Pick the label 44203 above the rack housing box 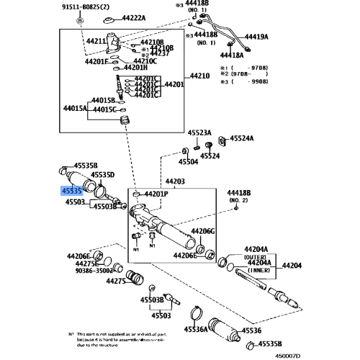tap(175, 182)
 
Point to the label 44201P tap(156, 194)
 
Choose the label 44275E tap(87, 264)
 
